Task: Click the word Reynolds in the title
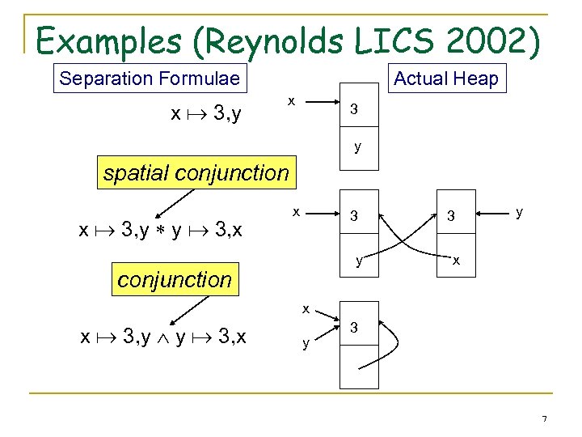pyautogui.click(x=268, y=38)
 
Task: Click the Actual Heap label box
pyautogui.click(x=445, y=78)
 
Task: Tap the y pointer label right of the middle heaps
pyautogui.click(x=519, y=212)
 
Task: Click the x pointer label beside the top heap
pyautogui.click(x=292, y=100)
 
